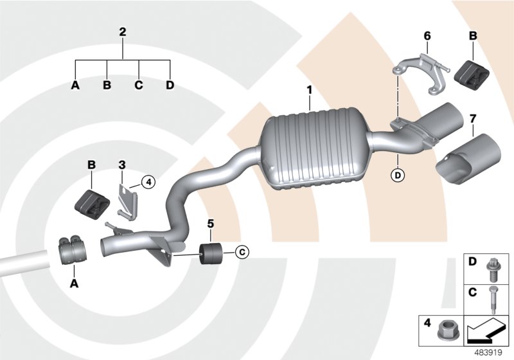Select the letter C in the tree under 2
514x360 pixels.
click(138, 85)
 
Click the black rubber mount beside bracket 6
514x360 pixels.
click(472, 71)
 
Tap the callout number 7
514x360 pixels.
click(473, 118)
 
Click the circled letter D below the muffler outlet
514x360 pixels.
click(398, 175)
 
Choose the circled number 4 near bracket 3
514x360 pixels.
click(148, 183)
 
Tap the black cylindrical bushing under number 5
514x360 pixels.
click(210, 253)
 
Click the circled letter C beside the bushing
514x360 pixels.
click(242, 251)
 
